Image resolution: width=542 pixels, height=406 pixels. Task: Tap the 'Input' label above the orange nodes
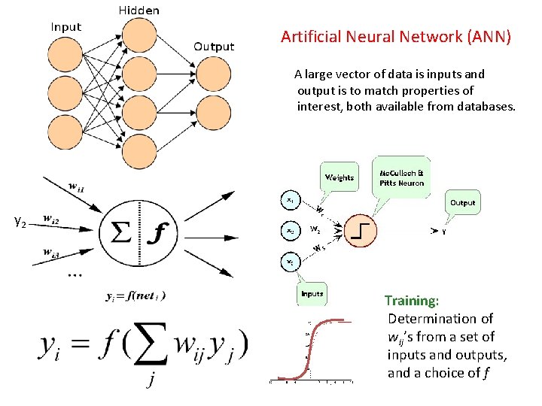(x=66, y=27)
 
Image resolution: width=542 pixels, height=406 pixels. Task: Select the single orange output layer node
(x=214, y=79)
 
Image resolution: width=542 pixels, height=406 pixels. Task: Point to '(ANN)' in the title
(x=487, y=36)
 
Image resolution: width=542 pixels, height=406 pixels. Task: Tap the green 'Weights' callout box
(x=339, y=177)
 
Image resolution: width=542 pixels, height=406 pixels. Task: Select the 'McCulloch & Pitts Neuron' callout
(x=401, y=177)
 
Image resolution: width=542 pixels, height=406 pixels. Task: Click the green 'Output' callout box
(x=462, y=202)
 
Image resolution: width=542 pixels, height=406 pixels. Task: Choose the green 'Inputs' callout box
(x=311, y=293)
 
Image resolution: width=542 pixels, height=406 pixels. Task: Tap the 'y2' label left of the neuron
(x=20, y=221)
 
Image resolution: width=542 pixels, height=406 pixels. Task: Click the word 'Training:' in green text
(x=412, y=301)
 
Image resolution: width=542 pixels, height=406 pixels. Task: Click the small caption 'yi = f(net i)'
(x=136, y=295)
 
